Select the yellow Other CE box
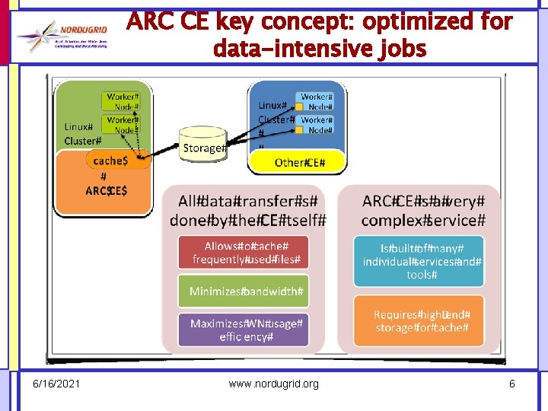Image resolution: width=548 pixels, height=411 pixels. coord(299,162)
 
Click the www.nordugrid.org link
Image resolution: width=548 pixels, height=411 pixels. coord(274,384)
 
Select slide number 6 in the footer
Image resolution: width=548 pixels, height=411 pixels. coord(512,384)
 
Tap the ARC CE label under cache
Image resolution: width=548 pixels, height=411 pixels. coord(107,190)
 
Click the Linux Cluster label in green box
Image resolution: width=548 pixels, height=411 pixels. coord(81,134)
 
